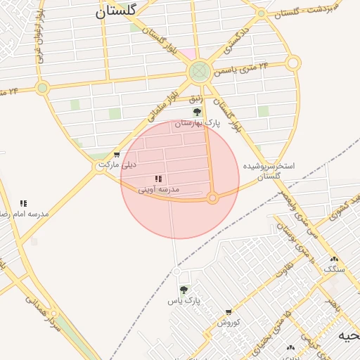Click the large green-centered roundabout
(x=199, y=70)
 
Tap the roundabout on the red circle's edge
(x=212, y=199)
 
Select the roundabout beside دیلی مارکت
(x=100, y=167)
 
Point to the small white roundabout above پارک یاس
(x=177, y=271)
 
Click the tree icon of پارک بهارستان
(x=198, y=112)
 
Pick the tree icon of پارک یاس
(x=184, y=290)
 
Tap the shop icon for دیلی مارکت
(x=117, y=155)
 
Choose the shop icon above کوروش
(x=229, y=312)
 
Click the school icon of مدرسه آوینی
(x=158, y=179)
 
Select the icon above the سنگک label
(x=333, y=259)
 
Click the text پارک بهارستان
(x=198, y=123)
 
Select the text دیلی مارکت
(x=117, y=165)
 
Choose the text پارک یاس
(x=184, y=300)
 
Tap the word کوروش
(x=229, y=323)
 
